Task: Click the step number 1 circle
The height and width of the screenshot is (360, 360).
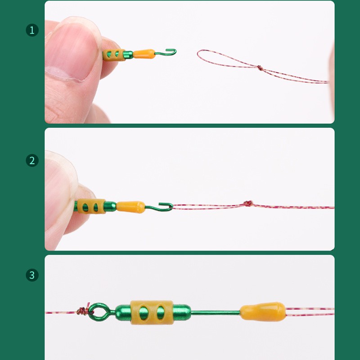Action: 32,30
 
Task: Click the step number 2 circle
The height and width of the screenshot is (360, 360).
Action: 32,160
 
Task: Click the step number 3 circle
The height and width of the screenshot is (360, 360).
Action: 32,275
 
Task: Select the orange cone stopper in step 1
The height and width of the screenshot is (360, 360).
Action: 144,54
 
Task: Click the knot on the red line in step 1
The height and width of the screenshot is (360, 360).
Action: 259,68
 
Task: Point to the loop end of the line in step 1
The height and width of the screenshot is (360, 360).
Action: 199,54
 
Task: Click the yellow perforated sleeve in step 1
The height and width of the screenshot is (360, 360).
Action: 114,55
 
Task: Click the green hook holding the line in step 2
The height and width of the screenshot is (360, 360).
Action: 164,207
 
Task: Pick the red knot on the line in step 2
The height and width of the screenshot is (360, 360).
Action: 247,204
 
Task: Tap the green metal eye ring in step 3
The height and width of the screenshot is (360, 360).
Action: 95,311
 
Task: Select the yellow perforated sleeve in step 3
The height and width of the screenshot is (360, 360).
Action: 145,312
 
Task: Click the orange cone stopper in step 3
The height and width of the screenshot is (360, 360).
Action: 263,312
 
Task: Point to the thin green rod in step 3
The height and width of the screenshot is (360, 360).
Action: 216,312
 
